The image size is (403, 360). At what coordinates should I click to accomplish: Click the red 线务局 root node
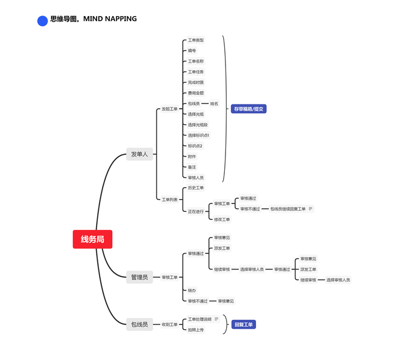pyautogui.click(x=92, y=239)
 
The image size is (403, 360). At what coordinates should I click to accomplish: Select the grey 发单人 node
pyautogui.click(x=139, y=154)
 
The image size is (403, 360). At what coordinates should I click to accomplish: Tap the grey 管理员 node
pyautogui.click(x=139, y=277)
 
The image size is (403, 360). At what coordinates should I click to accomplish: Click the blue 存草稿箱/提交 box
pyautogui.click(x=248, y=109)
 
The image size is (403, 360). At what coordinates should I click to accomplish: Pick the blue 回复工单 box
pyautogui.click(x=243, y=325)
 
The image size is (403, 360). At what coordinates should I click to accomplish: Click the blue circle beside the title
pyautogui.click(x=43, y=21)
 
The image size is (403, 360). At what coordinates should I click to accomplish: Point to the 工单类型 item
pyautogui.click(x=196, y=40)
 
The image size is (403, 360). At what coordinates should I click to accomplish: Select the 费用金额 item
pyautogui.click(x=196, y=93)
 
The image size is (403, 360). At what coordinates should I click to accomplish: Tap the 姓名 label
pyautogui.click(x=214, y=104)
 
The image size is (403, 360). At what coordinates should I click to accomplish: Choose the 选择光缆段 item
pyautogui.click(x=197, y=125)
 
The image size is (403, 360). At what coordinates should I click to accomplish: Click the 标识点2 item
pyautogui.click(x=195, y=146)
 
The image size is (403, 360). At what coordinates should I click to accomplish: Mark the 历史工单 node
pyautogui.click(x=196, y=188)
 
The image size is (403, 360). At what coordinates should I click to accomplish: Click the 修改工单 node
pyautogui.click(x=222, y=220)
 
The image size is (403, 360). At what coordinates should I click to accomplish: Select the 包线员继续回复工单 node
pyautogui.click(x=287, y=209)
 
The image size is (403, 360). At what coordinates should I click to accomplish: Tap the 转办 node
pyautogui.click(x=191, y=290)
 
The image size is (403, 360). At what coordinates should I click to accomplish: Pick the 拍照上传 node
pyautogui.click(x=196, y=329)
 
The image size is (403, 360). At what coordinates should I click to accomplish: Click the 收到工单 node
pyautogui.click(x=170, y=325)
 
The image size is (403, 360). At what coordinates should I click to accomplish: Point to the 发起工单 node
pyautogui.click(x=170, y=109)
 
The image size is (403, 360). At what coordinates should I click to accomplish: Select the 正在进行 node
pyautogui.click(x=196, y=211)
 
